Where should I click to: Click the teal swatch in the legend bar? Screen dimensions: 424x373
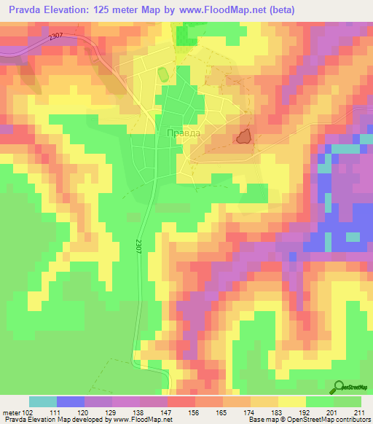[x=43, y=401]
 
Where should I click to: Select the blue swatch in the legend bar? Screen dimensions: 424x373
[x=71, y=401]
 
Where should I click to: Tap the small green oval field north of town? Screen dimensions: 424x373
[x=161, y=75]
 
